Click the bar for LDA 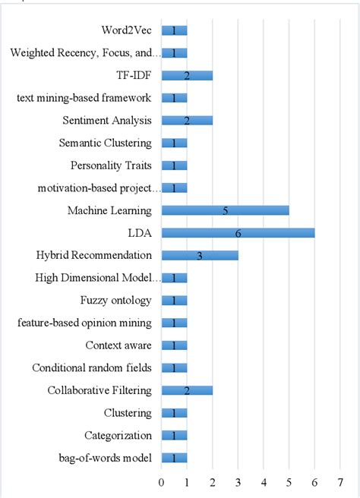click(238, 233)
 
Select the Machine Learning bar click(225, 210)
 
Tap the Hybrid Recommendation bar click(200, 255)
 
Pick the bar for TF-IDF click(187, 75)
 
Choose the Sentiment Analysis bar click(187, 121)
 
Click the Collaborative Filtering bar click(187, 390)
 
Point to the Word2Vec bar click(174, 30)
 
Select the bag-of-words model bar click(174, 458)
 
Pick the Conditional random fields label click(92, 368)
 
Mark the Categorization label click(117, 435)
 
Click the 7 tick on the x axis click(340, 481)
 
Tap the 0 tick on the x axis click(161, 481)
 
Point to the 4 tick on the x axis click(264, 481)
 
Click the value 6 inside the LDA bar click(238, 233)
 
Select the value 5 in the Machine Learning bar click(225, 210)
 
